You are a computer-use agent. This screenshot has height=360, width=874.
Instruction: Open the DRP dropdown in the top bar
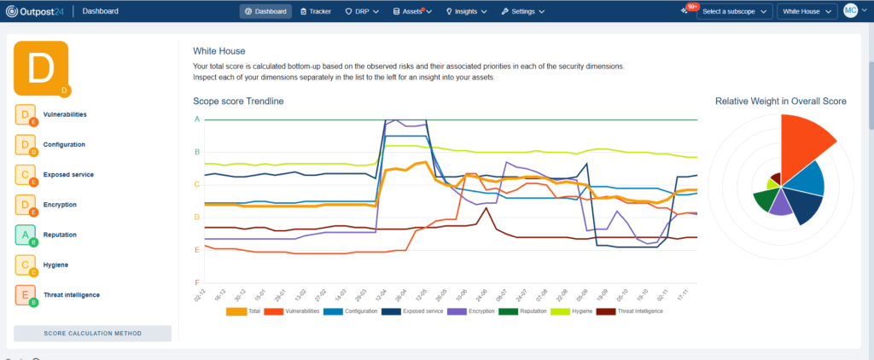pos(362,12)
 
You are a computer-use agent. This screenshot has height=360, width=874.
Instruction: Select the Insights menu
pos(466,12)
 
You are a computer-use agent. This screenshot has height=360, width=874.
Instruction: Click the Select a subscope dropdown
pos(735,12)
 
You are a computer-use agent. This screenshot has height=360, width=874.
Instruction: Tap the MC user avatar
pos(850,11)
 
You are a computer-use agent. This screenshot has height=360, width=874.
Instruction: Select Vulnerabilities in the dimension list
pos(65,114)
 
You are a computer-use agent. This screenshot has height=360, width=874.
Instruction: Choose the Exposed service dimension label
pos(68,175)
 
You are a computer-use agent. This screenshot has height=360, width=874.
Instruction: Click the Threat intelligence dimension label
pos(72,295)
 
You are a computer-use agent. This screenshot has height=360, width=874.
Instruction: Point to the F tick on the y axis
pos(196,282)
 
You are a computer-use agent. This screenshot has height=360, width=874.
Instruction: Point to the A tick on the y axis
pos(196,119)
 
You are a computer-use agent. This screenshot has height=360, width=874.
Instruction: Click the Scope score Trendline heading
pos(238,102)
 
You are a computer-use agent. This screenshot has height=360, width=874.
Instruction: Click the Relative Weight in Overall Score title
pos(780,102)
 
